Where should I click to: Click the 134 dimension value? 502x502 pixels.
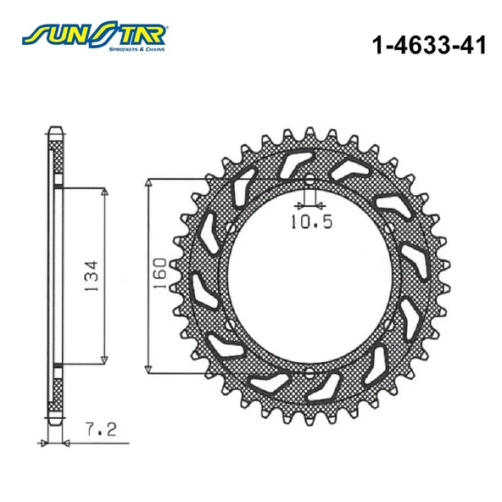[91, 276]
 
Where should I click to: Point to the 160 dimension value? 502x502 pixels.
[159, 276]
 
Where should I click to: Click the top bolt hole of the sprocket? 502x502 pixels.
[310, 180]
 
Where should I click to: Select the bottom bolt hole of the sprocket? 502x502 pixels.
[310, 373]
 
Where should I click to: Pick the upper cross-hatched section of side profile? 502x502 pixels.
[57, 161]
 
